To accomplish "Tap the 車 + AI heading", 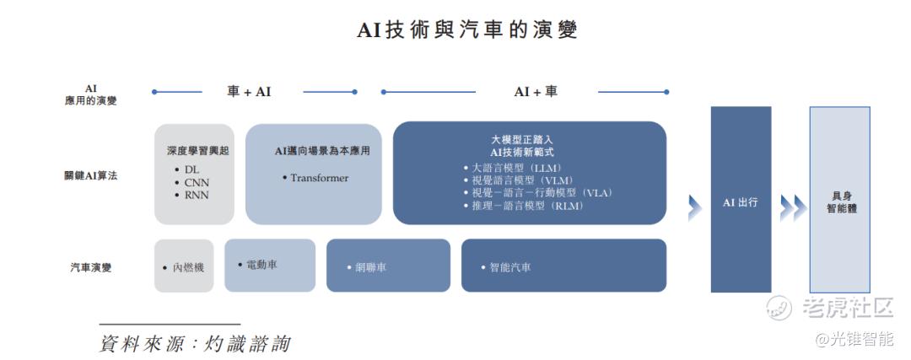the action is [249, 92].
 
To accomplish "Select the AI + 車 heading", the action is [536, 92].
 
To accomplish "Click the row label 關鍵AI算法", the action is [90, 175].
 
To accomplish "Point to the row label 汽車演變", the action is [90, 267].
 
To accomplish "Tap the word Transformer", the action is [319, 178].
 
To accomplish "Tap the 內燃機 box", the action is [184, 266].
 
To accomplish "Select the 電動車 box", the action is [270, 266].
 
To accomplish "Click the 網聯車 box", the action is [388, 266].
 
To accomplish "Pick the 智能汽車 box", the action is [563, 266].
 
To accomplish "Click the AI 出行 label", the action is [741, 203].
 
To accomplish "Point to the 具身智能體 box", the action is [840, 200].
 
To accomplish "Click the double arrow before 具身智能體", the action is [793, 208].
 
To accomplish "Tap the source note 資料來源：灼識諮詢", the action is [195, 343].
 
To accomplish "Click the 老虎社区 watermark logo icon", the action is [779, 308].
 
